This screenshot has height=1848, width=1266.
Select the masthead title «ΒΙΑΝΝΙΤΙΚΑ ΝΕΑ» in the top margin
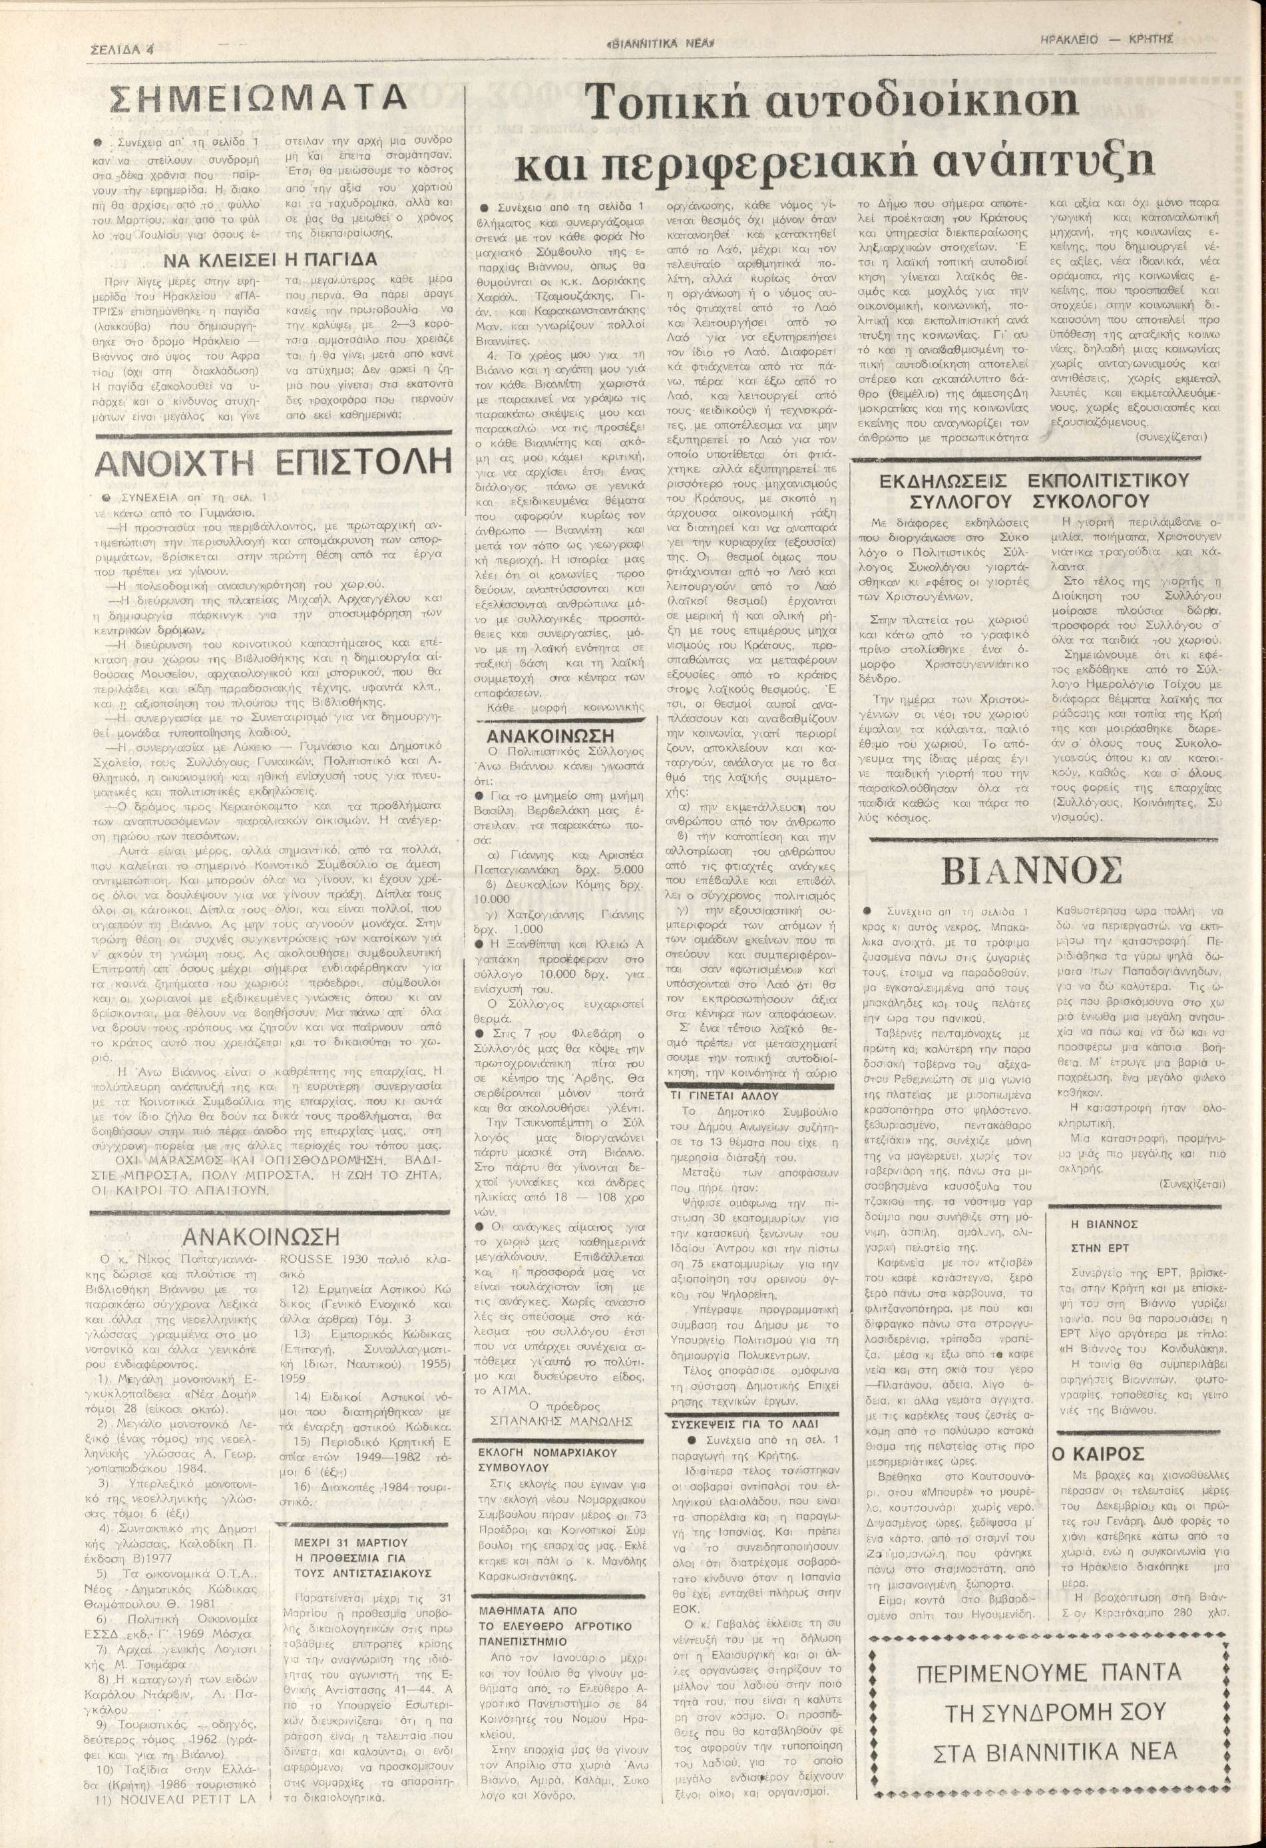tap(661, 45)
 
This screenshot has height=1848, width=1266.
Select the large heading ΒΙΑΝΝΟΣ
tap(1042, 871)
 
